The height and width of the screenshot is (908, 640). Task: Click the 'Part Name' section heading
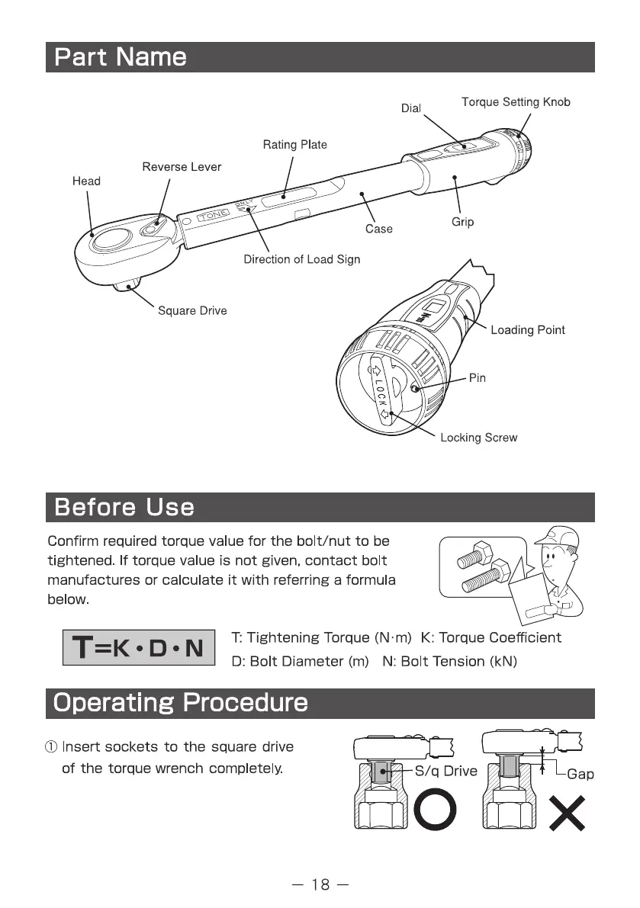pyautogui.click(x=121, y=57)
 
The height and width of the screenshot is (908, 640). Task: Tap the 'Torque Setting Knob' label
pyautogui.click(x=516, y=102)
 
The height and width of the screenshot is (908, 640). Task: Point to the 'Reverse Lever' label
pyautogui.click(x=182, y=167)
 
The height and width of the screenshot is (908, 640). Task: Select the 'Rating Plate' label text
pyautogui.click(x=294, y=144)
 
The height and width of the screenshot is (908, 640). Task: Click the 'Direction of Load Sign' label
pyautogui.click(x=301, y=259)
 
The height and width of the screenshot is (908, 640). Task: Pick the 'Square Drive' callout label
pyautogui.click(x=192, y=310)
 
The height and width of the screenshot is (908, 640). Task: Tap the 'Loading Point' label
pyautogui.click(x=527, y=329)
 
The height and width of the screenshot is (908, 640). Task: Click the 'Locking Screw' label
pyautogui.click(x=478, y=438)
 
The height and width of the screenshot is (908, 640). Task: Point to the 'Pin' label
pyautogui.click(x=478, y=377)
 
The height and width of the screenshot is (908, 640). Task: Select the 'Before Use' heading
pyautogui.click(x=124, y=507)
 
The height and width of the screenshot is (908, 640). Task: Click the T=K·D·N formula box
pyautogui.click(x=140, y=647)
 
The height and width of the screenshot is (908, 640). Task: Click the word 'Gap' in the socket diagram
pyautogui.click(x=581, y=774)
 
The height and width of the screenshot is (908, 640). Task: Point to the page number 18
pyautogui.click(x=320, y=884)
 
